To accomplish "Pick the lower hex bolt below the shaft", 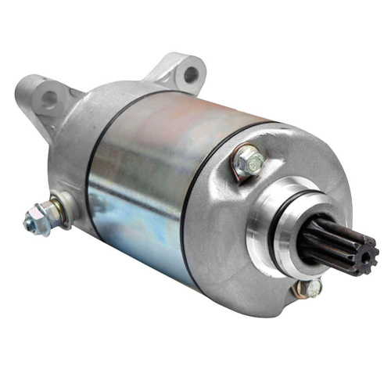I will tap(313, 289).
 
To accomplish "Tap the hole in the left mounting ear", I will tap(49, 98).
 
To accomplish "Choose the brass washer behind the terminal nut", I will tap(52, 213).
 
